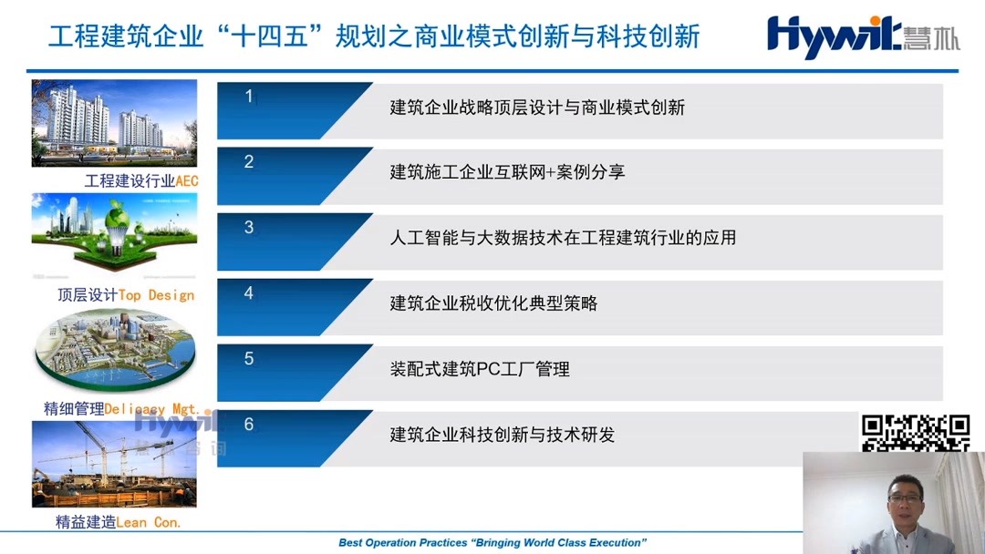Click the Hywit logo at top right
[x=862, y=37]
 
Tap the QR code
[x=915, y=433]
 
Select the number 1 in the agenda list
[x=249, y=97]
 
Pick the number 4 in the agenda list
[x=249, y=293]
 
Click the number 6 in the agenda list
[x=249, y=425]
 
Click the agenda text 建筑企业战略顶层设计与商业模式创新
[x=537, y=108]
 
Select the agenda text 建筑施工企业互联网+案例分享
[x=507, y=172]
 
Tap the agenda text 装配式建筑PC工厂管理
[x=480, y=369]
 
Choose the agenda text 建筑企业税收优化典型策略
[x=493, y=303]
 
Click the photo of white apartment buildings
[x=114, y=123]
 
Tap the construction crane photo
[x=114, y=464]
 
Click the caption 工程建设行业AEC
[x=141, y=180]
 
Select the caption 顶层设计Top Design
[x=126, y=295]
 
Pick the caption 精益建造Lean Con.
[x=118, y=522]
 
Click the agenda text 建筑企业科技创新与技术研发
[x=503, y=435]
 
